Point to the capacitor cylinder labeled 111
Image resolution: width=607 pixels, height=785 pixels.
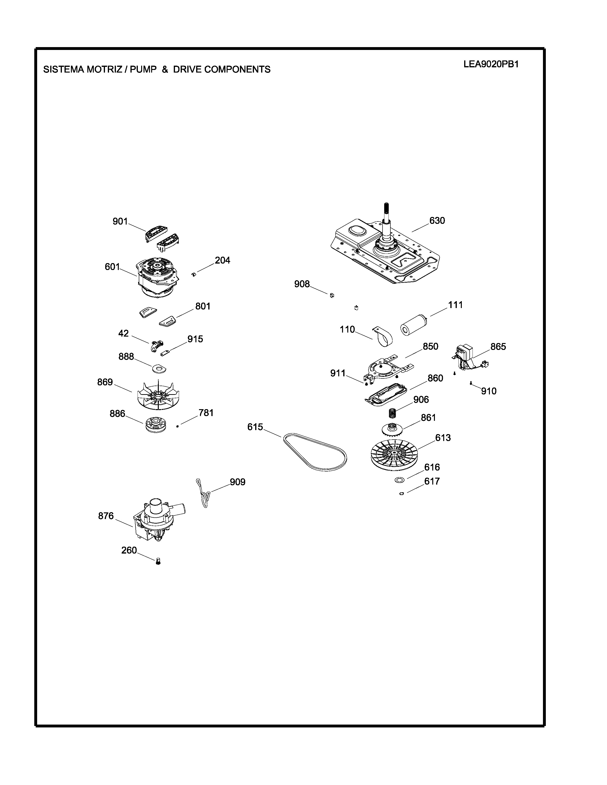(413, 325)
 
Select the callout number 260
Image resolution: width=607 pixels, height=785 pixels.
(129, 550)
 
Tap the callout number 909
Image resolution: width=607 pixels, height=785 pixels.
(238, 482)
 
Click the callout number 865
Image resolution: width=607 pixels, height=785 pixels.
(498, 347)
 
